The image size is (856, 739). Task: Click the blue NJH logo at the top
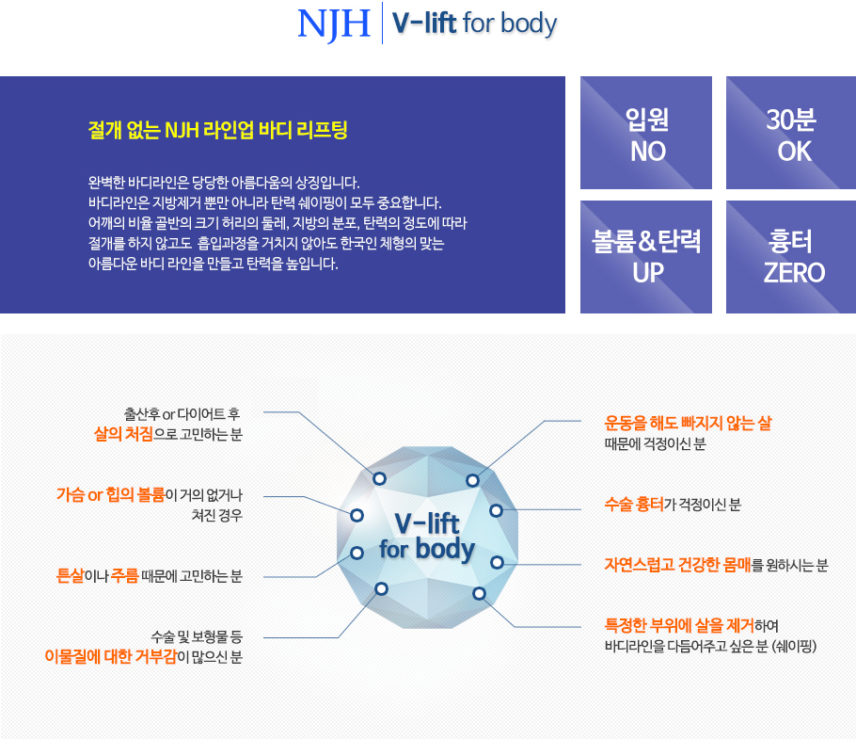tap(334, 24)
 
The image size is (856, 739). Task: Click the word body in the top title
tap(529, 24)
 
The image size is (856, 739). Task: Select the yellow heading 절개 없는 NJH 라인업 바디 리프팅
tap(217, 130)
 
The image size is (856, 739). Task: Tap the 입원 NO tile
tap(646, 133)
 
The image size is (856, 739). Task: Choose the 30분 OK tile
tap(791, 133)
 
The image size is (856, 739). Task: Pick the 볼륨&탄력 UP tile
tap(646, 257)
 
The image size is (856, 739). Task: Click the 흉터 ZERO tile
tap(791, 257)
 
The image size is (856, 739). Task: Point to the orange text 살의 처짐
tap(123, 434)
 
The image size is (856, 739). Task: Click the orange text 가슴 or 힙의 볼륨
tap(111, 495)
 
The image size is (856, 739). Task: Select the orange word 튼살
tap(71, 576)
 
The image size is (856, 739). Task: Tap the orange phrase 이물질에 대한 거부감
tap(111, 656)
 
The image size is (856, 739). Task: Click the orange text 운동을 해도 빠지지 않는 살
tap(688, 423)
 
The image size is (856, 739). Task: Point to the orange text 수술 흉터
tap(634, 504)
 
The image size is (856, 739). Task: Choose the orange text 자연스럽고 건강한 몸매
tap(678, 565)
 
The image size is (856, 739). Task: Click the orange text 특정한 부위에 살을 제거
tap(679, 625)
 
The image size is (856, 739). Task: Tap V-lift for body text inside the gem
tap(427, 537)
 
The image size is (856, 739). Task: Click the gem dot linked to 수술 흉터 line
tap(496, 510)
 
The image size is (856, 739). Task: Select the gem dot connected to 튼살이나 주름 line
tap(357, 553)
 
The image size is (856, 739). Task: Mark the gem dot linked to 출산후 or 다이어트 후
tap(379, 478)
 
